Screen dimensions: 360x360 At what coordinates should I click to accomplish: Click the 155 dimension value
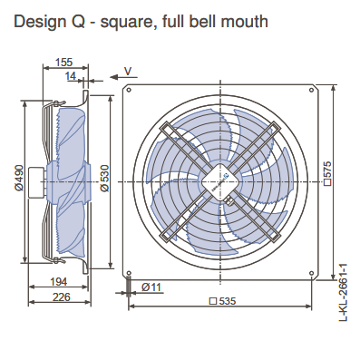point(64,62)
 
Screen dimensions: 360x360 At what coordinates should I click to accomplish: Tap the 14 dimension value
point(71,75)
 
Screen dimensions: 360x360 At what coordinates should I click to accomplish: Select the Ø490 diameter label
point(19,178)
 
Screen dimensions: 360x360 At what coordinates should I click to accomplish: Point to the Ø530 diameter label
point(104,178)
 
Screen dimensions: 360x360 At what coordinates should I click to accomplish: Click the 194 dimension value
point(59,282)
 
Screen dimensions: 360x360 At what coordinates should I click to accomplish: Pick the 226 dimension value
point(62,297)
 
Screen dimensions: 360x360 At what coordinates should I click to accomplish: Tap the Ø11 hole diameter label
point(151,287)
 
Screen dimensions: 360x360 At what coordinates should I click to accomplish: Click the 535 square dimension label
point(223,301)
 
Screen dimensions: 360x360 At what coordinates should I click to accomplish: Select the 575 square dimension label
point(327,173)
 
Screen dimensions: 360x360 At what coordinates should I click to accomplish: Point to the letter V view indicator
point(128,72)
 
